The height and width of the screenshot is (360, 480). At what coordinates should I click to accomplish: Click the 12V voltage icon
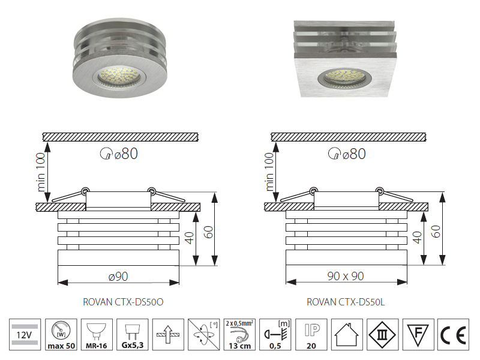pos(25,334)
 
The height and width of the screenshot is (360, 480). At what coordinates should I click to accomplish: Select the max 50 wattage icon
pos(61,334)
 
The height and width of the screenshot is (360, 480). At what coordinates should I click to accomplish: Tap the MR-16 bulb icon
pos(97,334)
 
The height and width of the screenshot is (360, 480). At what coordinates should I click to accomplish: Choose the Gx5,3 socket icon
pos(132,334)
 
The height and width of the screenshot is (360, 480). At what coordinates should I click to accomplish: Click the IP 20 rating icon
pos(311,334)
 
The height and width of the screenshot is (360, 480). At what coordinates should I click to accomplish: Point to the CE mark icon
pos(453,334)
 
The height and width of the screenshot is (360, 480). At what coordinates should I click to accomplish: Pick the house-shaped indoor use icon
pos(347,334)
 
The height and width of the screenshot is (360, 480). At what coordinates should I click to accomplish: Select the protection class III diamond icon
pos(383,334)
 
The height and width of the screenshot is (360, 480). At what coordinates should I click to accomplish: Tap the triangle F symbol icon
pos(418,334)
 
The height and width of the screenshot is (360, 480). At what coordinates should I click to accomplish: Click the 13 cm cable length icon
pos(239,334)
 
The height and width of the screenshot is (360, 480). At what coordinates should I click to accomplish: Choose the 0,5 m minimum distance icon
pos(275,334)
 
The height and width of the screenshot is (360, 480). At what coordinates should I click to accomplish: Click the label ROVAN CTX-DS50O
pos(123,302)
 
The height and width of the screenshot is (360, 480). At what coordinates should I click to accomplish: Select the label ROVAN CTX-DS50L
pos(346,302)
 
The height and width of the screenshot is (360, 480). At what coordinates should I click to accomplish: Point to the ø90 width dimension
pos(118,277)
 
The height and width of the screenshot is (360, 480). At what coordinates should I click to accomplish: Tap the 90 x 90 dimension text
pos(346,276)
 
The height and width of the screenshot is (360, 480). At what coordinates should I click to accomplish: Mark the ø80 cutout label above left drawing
pos(119,154)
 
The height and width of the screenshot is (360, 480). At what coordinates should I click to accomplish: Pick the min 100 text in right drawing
pos(269,172)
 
